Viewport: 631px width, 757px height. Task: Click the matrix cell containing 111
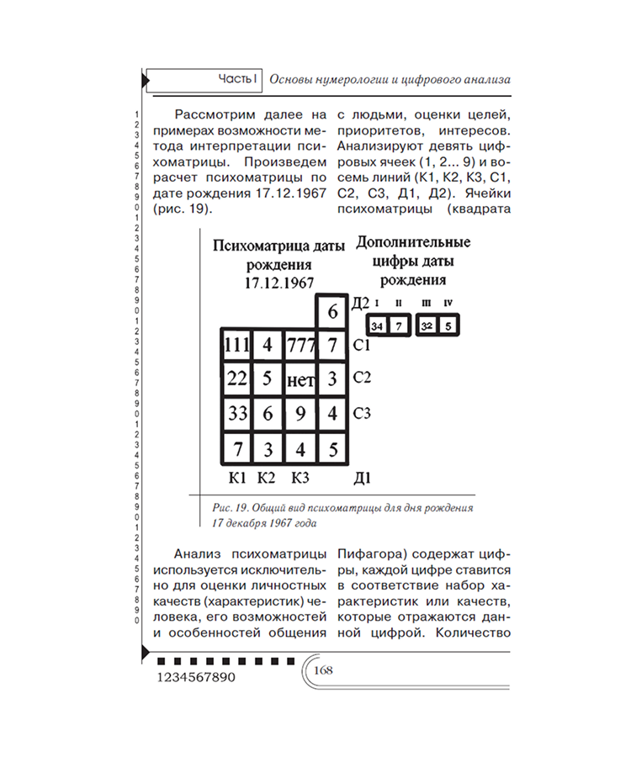[x=237, y=345]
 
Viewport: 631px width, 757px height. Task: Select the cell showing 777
[x=300, y=345]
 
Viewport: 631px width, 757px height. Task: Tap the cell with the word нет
[x=300, y=380]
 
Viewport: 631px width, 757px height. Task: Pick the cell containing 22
[x=237, y=379]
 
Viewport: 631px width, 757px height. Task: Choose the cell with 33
[x=237, y=414]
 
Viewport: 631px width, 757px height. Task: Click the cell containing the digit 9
[x=300, y=414]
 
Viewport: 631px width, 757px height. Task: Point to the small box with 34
[x=377, y=325]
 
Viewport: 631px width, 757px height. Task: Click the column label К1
[x=237, y=479]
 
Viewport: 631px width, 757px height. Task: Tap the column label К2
[x=267, y=479]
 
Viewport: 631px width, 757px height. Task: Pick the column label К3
[x=300, y=479]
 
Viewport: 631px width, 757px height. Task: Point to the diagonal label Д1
[x=363, y=479]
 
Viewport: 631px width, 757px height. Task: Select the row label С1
[x=363, y=345]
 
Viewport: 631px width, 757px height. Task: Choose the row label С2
[x=363, y=377]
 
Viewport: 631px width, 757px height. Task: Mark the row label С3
[x=363, y=413]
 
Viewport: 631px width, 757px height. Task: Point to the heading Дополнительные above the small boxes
[x=412, y=243]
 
